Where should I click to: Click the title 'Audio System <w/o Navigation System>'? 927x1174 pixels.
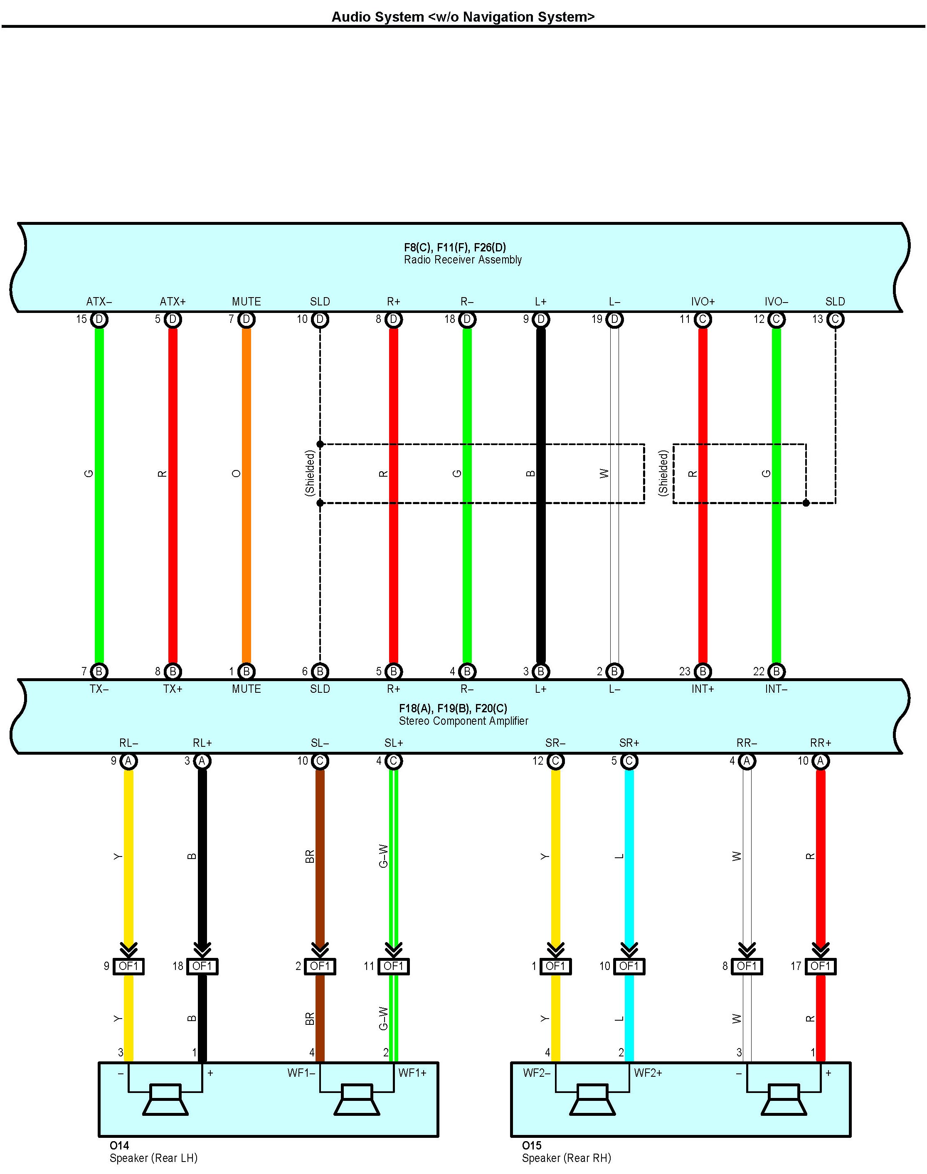463,17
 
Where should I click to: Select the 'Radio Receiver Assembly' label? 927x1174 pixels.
462,260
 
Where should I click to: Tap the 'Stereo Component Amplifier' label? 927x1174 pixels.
463,721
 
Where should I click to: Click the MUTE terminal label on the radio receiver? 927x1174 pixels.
247,302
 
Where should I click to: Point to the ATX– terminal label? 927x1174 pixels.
99,302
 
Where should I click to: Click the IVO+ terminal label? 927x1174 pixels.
703,302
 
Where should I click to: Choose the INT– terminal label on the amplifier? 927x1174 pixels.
776,689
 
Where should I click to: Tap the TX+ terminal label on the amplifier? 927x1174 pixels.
173,689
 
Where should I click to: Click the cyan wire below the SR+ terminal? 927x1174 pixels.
629,868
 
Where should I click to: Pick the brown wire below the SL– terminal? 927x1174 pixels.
320,868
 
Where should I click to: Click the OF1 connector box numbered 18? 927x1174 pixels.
202,966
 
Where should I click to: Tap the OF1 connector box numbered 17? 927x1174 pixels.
821,966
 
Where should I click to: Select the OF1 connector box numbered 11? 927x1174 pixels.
394,966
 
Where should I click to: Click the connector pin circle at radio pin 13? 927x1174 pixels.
835,320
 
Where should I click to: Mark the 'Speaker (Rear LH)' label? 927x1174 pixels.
153,1158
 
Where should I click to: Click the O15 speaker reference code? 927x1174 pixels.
532,1145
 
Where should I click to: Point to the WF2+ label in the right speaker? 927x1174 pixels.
648,1073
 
